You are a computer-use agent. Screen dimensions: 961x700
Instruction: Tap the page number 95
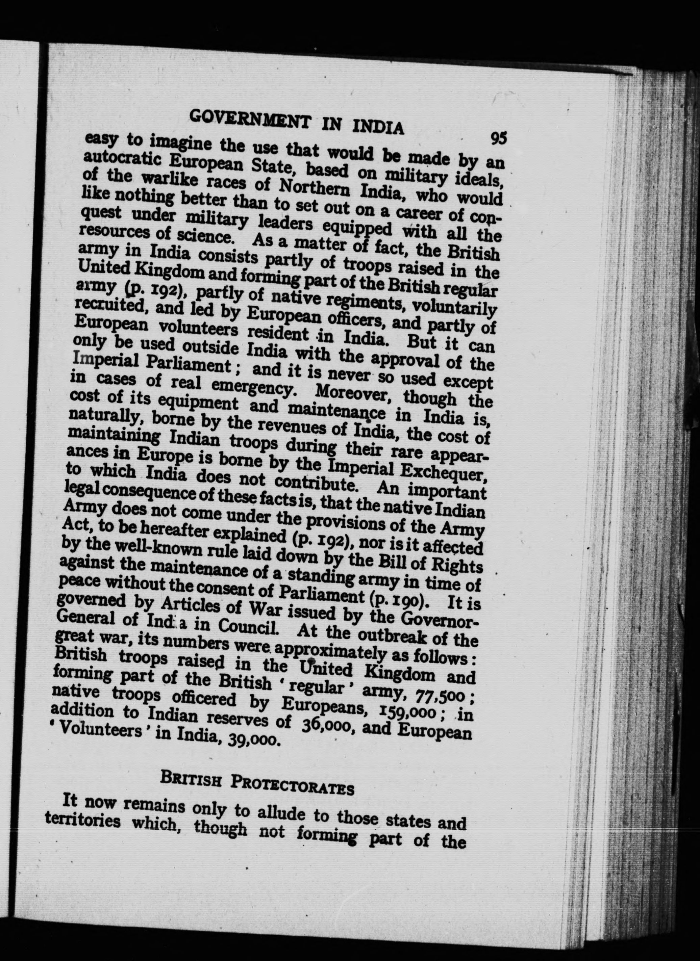pyautogui.click(x=499, y=138)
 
